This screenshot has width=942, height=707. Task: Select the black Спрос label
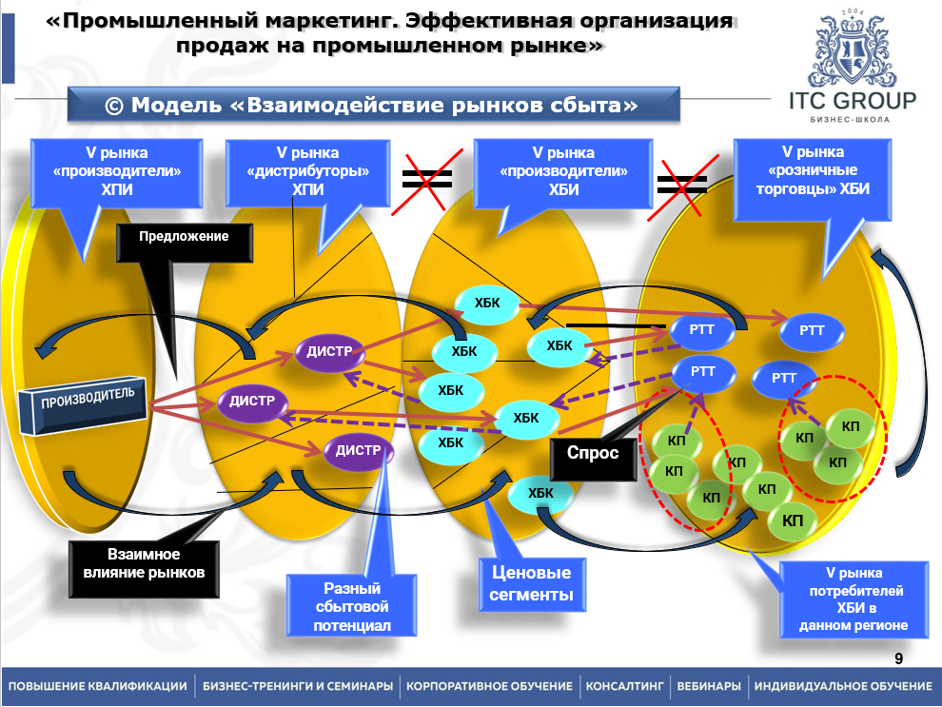[x=592, y=454]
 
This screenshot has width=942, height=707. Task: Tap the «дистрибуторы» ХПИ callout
[x=308, y=171]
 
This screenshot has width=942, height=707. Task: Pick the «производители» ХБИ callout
[x=563, y=171]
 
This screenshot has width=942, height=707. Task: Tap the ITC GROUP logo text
[x=853, y=102]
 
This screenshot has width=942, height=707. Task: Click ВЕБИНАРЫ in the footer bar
[x=708, y=686]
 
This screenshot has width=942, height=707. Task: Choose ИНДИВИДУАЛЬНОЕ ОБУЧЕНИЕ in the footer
[x=843, y=686]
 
